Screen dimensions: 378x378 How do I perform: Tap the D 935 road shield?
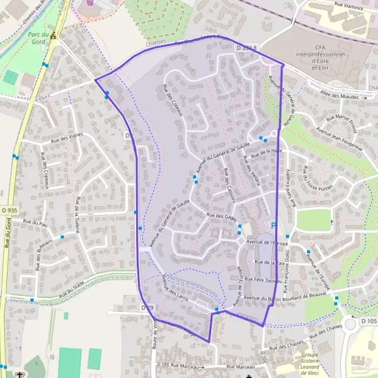[9, 210]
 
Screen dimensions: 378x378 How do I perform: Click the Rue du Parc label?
[35, 222]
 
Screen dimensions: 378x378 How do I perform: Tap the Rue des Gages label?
[221, 216]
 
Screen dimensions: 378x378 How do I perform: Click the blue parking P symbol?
[273, 226]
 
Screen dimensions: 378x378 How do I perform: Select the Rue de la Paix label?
[267, 262]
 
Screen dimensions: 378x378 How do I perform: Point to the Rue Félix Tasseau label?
[265, 279]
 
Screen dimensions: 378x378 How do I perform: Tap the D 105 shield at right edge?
[369, 321]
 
